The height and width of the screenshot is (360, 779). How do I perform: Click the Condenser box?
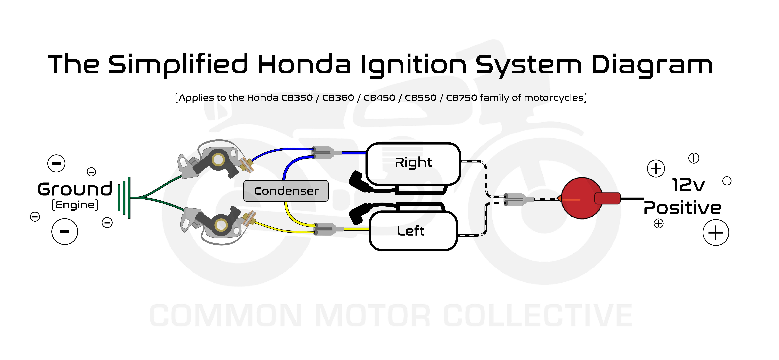click(286, 191)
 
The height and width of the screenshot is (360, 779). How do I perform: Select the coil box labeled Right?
click(413, 163)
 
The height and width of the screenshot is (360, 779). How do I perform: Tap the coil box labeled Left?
click(413, 231)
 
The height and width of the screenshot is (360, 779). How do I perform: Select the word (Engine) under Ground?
click(75, 205)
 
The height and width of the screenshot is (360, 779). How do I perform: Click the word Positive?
click(682, 208)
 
